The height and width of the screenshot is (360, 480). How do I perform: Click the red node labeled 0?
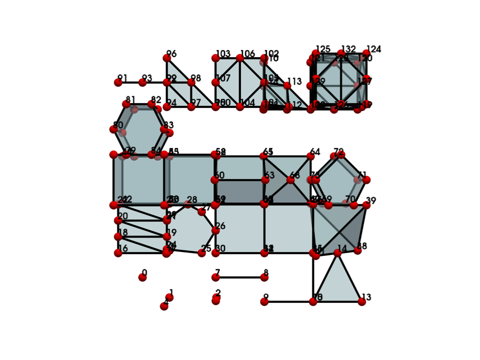coord(142,277)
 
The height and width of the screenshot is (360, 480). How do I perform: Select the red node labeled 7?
coord(216,277)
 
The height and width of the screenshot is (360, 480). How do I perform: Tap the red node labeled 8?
coord(264,277)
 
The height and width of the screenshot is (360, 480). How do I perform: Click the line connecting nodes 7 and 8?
coord(240,277)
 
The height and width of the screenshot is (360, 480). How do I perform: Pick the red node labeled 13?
coord(362,302)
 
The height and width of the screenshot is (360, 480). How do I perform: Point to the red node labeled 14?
coord(337,253)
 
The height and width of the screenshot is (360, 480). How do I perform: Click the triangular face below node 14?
coord(337,286)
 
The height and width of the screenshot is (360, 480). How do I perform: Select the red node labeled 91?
coord(118,82)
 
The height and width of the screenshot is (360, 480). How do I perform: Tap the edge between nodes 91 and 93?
coord(130,82)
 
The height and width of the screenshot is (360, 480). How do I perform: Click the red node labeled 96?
coord(167,58)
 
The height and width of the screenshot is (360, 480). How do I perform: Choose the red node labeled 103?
coord(216,58)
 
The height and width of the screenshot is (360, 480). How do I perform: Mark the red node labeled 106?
coord(240,58)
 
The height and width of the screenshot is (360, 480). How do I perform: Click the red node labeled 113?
coord(287,85)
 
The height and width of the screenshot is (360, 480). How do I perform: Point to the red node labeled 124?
coord(366,53)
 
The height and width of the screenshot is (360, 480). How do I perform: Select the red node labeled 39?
coord(367,205)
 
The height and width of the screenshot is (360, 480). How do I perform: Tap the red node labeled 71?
coord(367,180)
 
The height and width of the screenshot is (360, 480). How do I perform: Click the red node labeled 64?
coord(311,157)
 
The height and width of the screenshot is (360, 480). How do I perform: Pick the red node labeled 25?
coord(202,253)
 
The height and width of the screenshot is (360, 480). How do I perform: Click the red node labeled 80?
coord(113,129)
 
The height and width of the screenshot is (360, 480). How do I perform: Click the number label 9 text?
coord(266,297)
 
